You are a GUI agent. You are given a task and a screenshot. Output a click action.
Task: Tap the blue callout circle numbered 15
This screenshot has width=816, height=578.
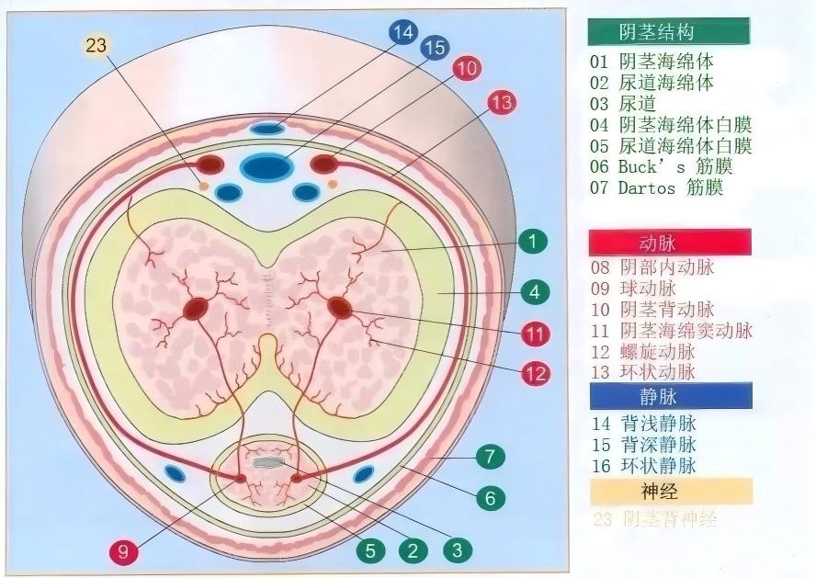tap(435, 49)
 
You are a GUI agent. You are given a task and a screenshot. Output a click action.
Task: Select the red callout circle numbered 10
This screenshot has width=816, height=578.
tap(466, 68)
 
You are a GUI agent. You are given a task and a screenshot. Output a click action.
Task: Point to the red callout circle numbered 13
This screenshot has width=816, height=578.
tap(501, 102)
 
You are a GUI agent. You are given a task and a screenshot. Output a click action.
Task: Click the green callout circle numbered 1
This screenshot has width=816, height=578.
tap(532, 243)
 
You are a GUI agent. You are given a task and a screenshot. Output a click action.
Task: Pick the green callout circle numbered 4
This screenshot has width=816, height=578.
tap(534, 293)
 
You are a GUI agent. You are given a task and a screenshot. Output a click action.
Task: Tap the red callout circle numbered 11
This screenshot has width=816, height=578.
tap(536, 333)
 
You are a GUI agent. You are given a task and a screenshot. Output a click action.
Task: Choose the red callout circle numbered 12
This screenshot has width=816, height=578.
tap(536, 374)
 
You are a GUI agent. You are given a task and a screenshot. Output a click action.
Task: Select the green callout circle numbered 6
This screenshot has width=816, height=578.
tap(490, 498)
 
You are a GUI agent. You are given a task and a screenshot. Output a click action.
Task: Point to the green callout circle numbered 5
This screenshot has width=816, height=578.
tap(370, 550)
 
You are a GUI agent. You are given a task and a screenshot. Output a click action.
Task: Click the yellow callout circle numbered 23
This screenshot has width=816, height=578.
tap(99, 45)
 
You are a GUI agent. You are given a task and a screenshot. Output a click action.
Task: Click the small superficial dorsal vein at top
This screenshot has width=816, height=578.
tap(267, 128)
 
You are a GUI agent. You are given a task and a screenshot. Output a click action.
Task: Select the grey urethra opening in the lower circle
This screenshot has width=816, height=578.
tap(268, 463)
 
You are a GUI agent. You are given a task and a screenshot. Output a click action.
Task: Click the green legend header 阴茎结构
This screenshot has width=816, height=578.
tap(668, 32)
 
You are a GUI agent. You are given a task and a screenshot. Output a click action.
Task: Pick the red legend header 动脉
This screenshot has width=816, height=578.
tap(670, 243)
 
